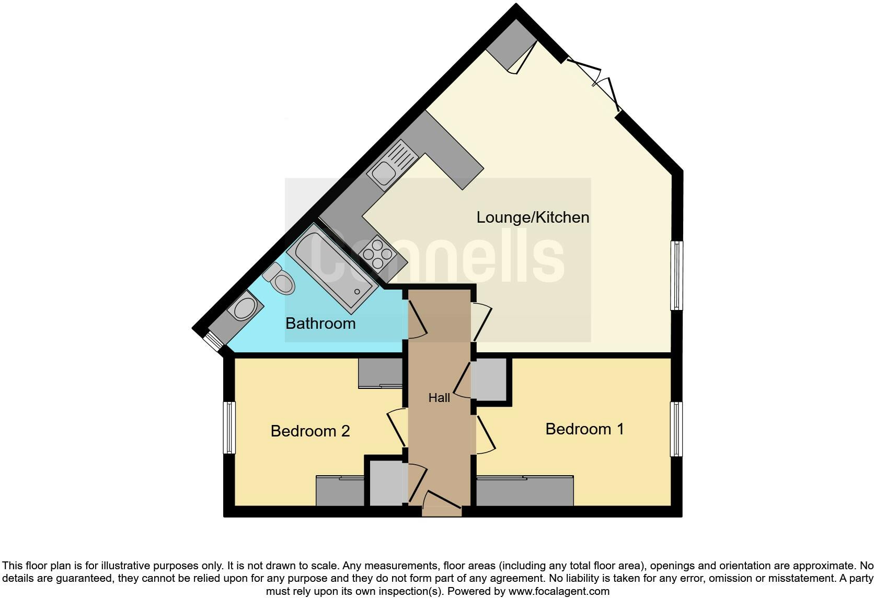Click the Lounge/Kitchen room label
click(x=532, y=217)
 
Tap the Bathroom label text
click(x=320, y=324)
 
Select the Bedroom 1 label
click(x=584, y=429)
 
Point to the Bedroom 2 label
click(x=310, y=431)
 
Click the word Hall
click(x=439, y=398)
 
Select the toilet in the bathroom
click(x=281, y=279)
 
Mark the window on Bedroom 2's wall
click(x=229, y=428)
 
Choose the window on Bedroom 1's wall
click(x=676, y=429)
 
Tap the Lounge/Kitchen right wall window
click(x=676, y=275)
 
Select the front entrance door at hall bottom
click(x=442, y=501)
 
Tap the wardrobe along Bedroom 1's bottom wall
click(x=525, y=491)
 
